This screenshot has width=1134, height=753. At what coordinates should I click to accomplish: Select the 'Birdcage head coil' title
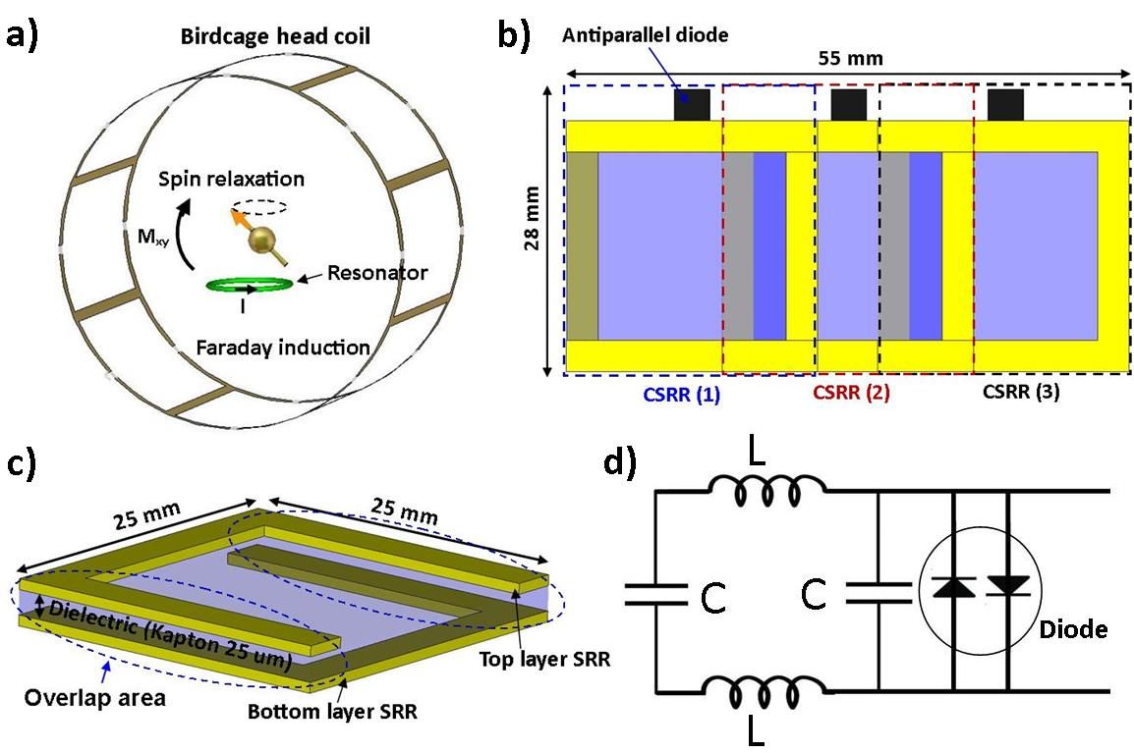pyautogui.click(x=275, y=36)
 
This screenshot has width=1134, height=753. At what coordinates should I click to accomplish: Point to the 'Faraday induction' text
pyautogui.click(x=283, y=348)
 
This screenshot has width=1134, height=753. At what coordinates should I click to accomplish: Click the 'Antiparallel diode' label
pyautogui.click(x=645, y=34)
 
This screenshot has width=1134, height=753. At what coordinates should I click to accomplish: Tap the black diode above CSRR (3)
pyautogui.click(x=1005, y=105)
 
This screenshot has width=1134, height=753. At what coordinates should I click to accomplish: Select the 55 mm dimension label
pyautogui.click(x=851, y=58)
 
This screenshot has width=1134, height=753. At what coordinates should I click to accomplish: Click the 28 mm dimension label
pyautogui.click(x=533, y=218)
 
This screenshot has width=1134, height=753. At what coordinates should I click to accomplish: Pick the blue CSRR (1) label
pyautogui.click(x=681, y=393)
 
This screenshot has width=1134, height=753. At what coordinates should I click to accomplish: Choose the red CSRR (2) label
pyautogui.click(x=851, y=393)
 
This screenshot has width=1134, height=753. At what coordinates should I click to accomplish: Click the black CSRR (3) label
pyautogui.click(x=1021, y=392)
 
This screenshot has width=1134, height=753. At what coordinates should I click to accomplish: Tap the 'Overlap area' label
pyautogui.click(x=94, y=698)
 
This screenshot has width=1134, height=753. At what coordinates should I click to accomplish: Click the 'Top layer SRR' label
pyautogui.click(x=544, y=659)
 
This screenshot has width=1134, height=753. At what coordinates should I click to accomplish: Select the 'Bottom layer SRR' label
pyautogui.click(x=332, y=711)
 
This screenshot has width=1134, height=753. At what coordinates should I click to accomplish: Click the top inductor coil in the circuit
pyautogui.click(x=766, y=490)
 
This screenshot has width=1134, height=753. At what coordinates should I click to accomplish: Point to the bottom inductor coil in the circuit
pyautogui.click(x=766, y=692)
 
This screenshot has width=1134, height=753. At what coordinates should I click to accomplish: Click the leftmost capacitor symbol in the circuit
pyautogui.click(x=656, y=594)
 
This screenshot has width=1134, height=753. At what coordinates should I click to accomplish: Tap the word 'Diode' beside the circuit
pyautogui.click(x=1073, y=629)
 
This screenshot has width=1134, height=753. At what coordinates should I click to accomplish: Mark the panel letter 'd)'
pyautogui.click(x=620, y=462)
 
